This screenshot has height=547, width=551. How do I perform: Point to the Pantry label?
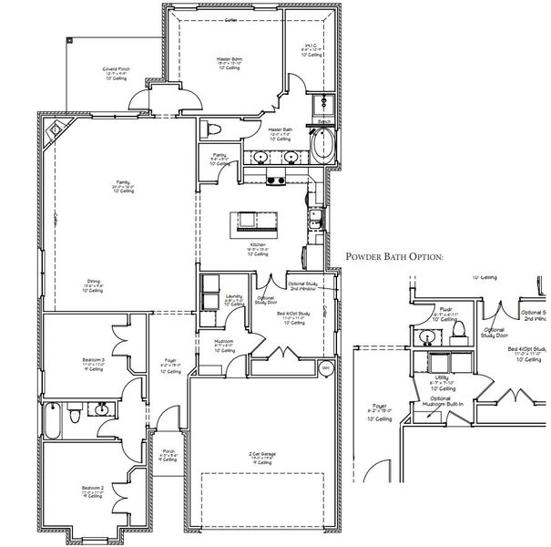click(x=219, y=157)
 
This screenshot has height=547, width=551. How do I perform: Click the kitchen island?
click(x=256, y=220)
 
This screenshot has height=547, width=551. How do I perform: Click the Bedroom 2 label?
click(x=91, y=489)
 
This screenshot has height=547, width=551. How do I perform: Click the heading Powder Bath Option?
click(x=393, y=257)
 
